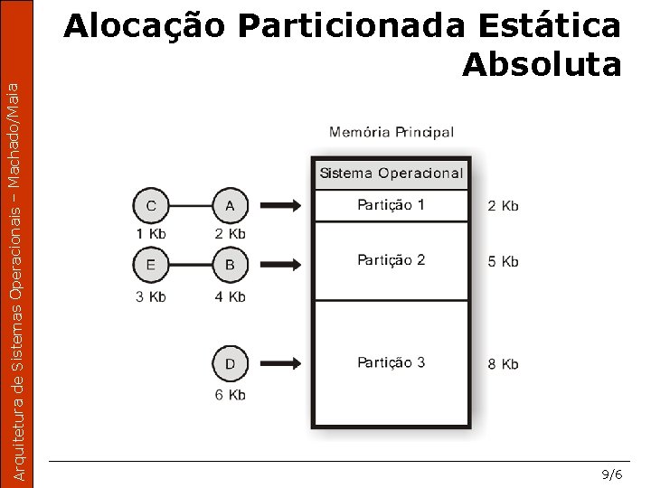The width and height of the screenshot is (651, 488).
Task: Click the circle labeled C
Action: (x=151, y=206)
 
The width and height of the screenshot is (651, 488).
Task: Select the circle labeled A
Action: (x=230, y=206)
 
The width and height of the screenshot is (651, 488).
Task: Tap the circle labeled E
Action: (x=151, y=266)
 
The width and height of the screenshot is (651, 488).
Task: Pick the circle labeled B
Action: (x=230, y=266)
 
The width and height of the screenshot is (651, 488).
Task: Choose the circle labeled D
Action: (x=230, y=364)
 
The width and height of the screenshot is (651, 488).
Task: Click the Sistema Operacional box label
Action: (x=391, y=174)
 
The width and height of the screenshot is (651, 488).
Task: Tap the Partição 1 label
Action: (x=391, y=205)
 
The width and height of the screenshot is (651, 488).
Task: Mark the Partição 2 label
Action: (x=391, y=260)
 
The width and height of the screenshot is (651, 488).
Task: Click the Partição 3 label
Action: (x=391, y=362)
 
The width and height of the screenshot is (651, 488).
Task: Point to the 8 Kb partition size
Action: (x=503, y=364)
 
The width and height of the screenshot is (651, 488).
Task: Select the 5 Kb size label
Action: (x=503, y=262)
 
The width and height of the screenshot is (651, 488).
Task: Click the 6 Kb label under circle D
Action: (x=230, y=395)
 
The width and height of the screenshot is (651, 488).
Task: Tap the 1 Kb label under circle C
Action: (x=151, y=234)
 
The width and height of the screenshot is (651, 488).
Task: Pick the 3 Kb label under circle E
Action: (x=151, y=296)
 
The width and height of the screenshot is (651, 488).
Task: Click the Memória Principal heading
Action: (x=392, y=132)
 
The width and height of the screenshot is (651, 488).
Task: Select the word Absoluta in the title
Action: (x=541, y=64)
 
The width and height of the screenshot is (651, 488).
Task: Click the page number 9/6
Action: (x=612, y=474)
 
